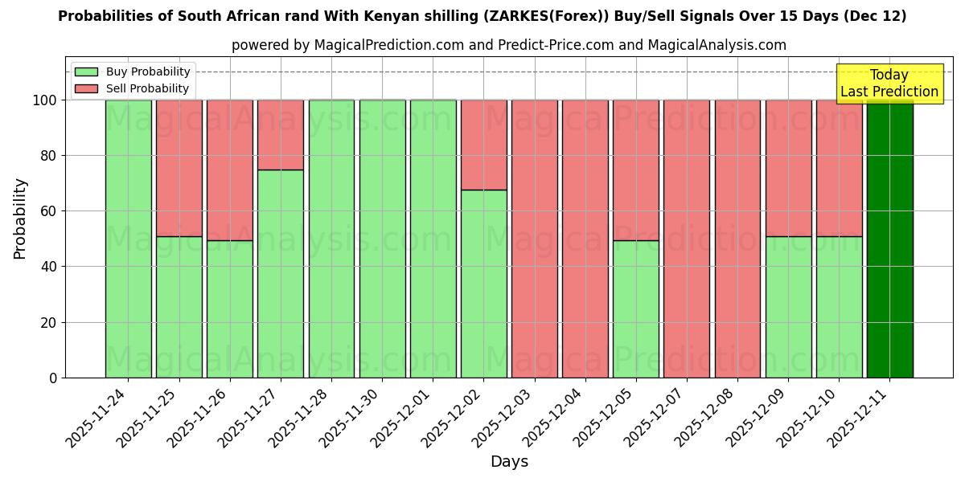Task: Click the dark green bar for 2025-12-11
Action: click(889, 239)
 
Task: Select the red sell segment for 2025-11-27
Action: click(281, 134)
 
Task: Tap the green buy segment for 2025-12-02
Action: click(484, 284)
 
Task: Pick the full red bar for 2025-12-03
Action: click(535, 239)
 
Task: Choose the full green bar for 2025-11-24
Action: click(129, 239)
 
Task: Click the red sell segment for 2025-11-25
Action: click(179, 168)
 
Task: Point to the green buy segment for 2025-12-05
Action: click(636, 308)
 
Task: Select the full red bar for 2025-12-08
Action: click(737, 239)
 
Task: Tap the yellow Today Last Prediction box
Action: click(889, 84)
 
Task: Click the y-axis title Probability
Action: click(20, 218)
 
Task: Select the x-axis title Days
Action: click(509, 462)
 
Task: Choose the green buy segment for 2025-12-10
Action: click(839, 307)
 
